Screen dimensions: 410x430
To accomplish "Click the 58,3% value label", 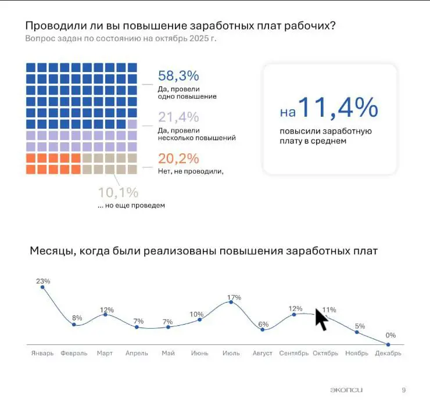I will point(178,75).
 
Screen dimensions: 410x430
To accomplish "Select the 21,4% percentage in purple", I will point(178,117).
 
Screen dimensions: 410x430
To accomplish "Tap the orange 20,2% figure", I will point(178,159).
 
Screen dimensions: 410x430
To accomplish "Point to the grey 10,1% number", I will point(118,192).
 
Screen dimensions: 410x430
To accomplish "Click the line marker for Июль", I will point(231,302).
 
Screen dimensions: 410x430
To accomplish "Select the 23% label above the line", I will point(42,281).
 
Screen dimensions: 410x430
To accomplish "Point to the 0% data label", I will point(390,335).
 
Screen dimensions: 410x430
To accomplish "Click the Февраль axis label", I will point(74,353).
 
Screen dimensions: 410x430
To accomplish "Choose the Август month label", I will point(263,353).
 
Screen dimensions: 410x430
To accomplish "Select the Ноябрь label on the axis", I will point(357,353).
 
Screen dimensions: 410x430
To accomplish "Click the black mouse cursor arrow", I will point(321,319).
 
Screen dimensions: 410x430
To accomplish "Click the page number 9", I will point(404,390).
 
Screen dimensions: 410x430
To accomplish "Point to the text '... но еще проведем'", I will point(131,205).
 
